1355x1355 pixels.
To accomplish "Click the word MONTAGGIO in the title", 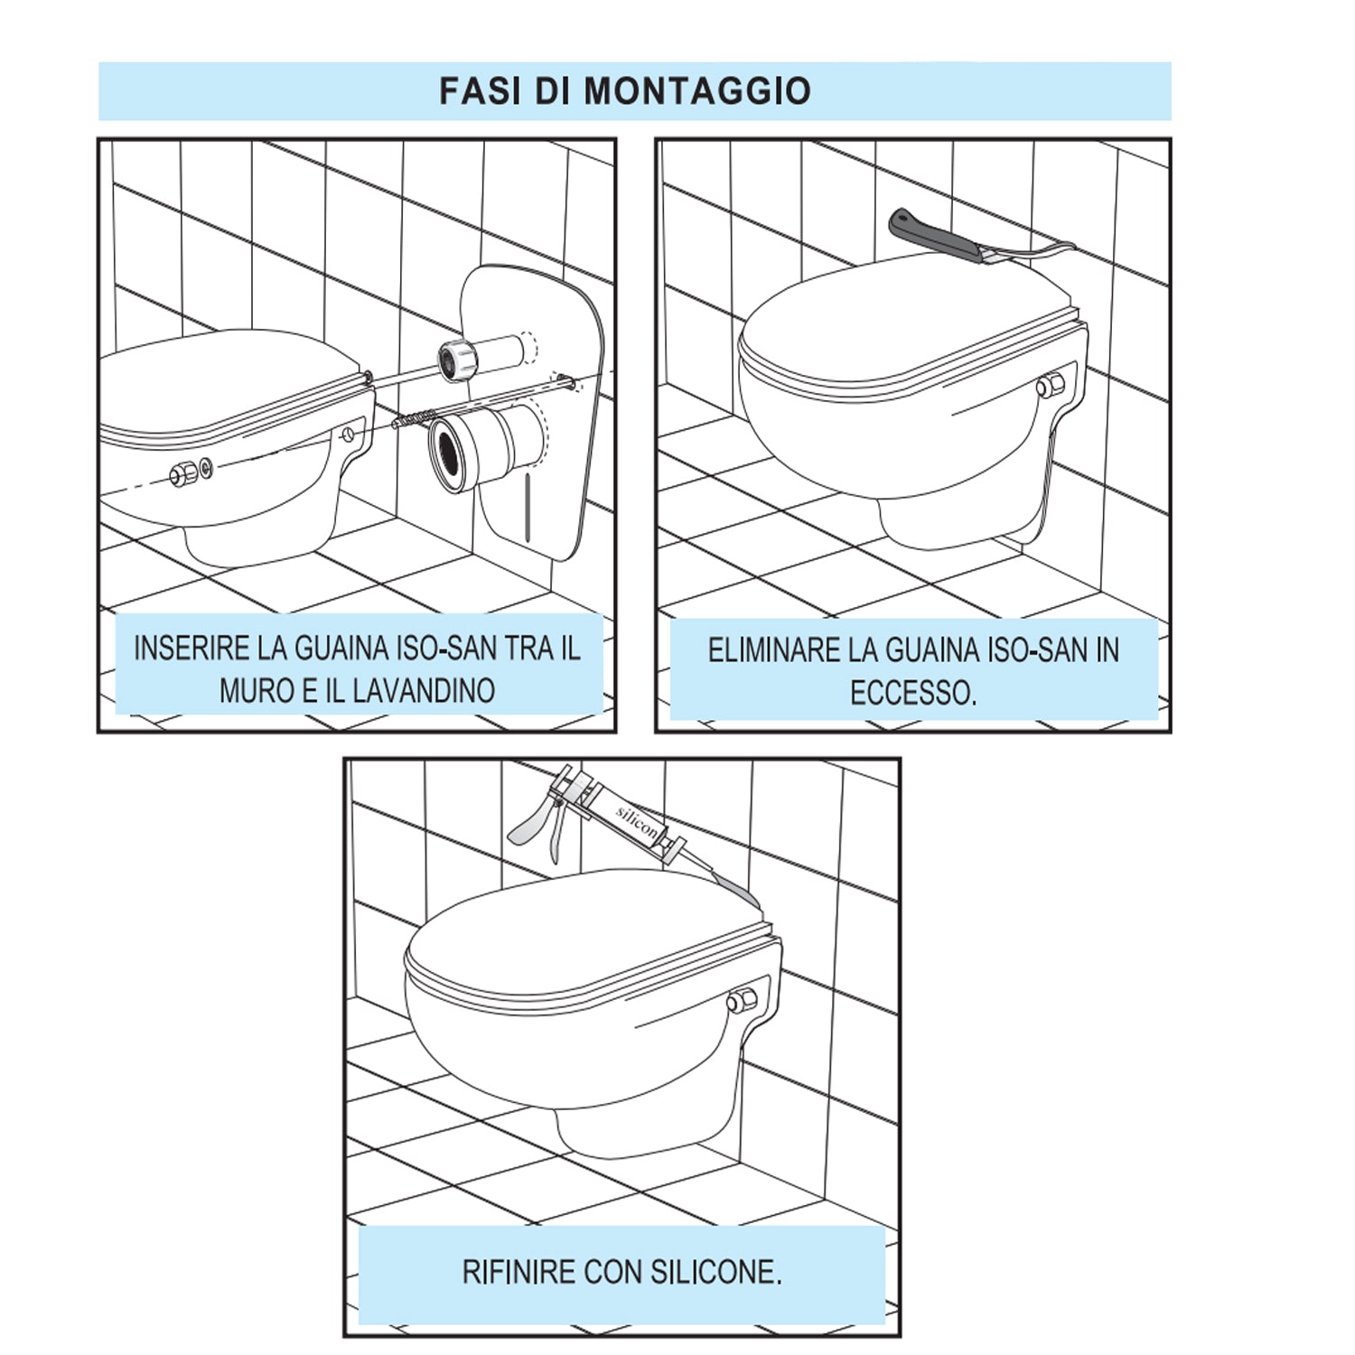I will [x=697, y=91].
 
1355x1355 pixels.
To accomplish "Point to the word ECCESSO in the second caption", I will [x=911, y=694].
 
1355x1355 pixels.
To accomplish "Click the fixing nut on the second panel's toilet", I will [x=1051, y=387].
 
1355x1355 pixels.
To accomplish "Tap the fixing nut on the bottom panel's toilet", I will [x=742, y=1000].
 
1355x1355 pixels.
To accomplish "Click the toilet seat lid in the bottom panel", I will [x=578, y=930].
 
